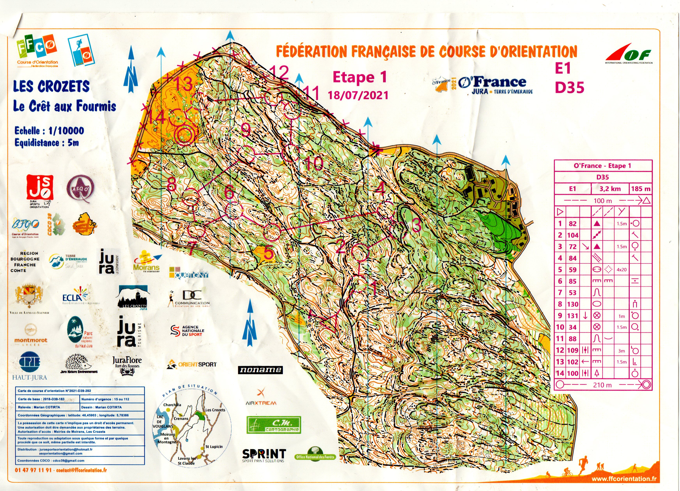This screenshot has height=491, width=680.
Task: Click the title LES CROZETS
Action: [x=51, y=87]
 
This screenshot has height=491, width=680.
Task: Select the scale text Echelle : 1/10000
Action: [x=49, y=131]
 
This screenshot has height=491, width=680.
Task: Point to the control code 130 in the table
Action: [x=572, y=304]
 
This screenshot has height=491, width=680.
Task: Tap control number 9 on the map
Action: [x=245, y=130]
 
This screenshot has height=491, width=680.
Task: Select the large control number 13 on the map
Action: [x=183, y=84]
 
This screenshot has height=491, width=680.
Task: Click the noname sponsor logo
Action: [x=260, y=370]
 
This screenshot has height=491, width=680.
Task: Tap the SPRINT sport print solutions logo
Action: [x=264, y=455]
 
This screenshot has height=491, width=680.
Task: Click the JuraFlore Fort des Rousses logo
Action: [x=127, y=365]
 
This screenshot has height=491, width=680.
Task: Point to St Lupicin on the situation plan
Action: [x=214, y=446]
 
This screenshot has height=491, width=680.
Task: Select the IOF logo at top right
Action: [x=628, y=56]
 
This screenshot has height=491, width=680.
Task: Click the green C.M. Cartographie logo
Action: [x=274, y=425]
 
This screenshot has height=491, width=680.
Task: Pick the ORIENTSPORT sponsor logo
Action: [x=192, y=365]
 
